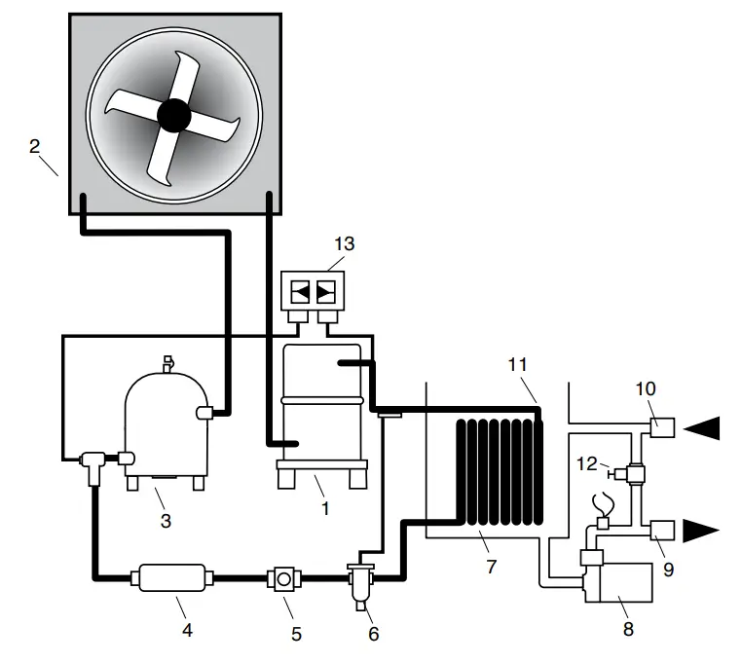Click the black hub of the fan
[x=173, y=115]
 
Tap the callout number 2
[x=34, y=147]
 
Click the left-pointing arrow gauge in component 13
[x=299, y=289]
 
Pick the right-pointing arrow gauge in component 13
[x=325, y=289]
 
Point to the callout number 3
[x=166, y=521]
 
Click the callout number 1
[x=325, y=507]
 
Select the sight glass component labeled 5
[x=282, y=578]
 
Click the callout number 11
[x=517, y=364]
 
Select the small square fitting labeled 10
[x=665, y=425]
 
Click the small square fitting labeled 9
[x=665, y=530]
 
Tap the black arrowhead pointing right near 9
[x=700, y=531]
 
